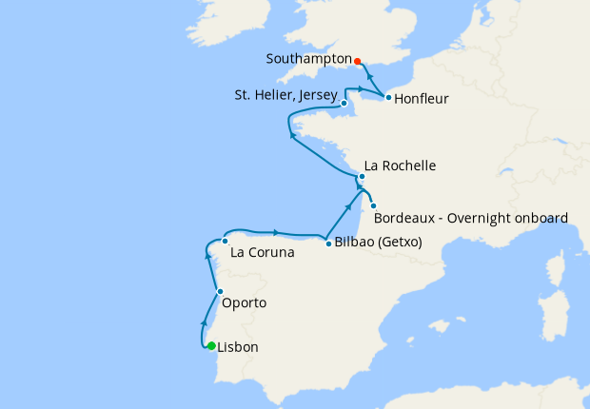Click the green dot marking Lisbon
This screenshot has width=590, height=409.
(x=211, y=346)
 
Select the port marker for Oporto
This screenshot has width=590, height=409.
(x=220, y=292)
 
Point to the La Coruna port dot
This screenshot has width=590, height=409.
(x=225, y=241)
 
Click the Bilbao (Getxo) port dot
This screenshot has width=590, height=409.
(x=329, y=243)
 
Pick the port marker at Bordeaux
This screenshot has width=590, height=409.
(x=374, y=206)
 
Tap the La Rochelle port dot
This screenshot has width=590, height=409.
(x=362, y=177)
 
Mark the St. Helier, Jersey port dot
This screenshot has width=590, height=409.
(x=344, y=103)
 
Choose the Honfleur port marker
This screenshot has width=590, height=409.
(x=388, y=97)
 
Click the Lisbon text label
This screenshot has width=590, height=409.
(x=238, y=347)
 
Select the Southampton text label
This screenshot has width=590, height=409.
(x=308, y=58)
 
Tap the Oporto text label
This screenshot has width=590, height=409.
(x=244, y=303)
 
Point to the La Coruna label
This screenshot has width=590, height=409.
(x=262, y=254)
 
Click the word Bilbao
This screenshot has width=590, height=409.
(x=354, y=243)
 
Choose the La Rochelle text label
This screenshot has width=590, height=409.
(x=400, y=166)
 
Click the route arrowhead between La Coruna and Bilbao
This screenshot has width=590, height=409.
(x=275, y=232)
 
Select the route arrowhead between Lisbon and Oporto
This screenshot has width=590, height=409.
(x=205, y=322)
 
